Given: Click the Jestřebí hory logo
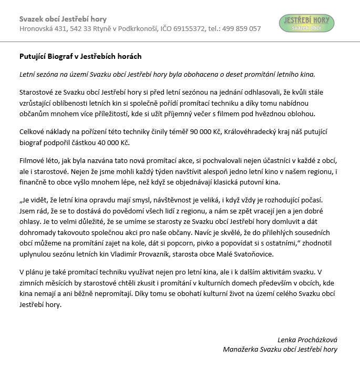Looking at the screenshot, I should [306, 23].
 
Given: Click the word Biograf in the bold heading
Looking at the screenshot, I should [63, 56].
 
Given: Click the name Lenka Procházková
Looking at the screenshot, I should [307, 340].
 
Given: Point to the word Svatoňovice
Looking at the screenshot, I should [253, 254].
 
